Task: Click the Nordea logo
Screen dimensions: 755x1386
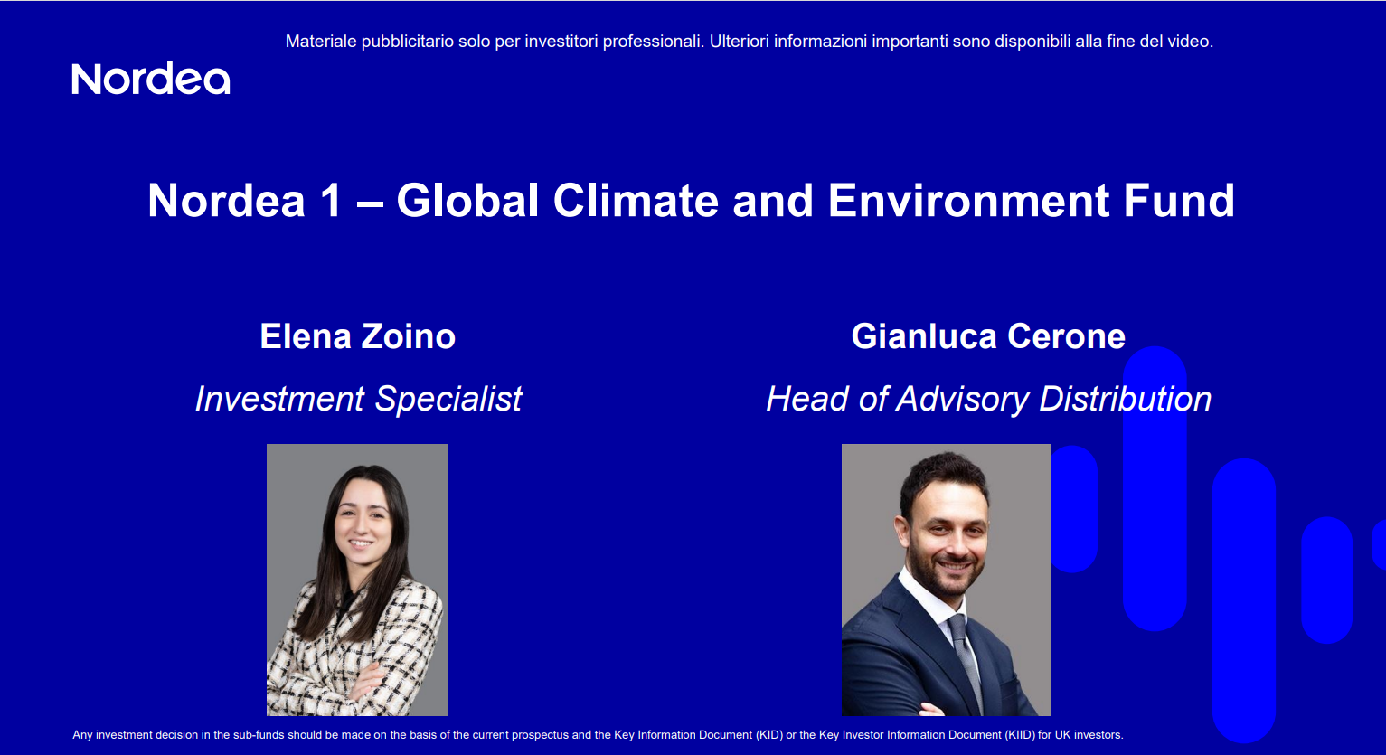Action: click(151, 80)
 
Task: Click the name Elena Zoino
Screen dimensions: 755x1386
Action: click(357, 336)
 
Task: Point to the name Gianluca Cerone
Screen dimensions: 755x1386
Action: click(988, 336)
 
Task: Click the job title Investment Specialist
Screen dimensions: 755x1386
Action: click(358, 399)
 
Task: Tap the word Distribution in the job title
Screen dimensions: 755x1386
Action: click(1125, 399)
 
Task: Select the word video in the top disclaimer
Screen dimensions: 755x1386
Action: click(1191, 42)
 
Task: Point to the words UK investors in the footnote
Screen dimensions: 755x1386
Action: click(1089, 735)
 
